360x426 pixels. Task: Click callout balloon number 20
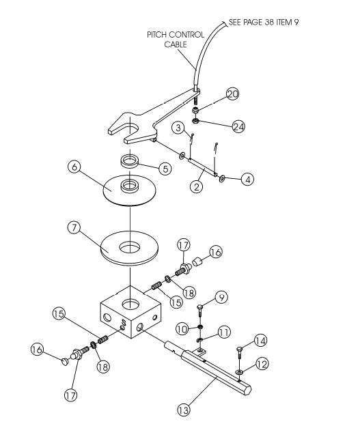pyautogui.click(x=232, y=95)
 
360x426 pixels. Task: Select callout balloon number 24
pyautogui.click(x=238, y=127)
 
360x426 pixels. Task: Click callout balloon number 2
pyautogui.click(x=196, y=185)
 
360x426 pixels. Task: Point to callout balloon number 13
pyautogui.click(x=182, y=410)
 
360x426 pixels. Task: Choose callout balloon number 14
pyautogui.click(x=260, y=340)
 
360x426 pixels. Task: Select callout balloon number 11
pyautogui.click(x=223, y=332)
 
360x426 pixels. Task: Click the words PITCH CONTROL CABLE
pyautogui.click(x=171, y=39)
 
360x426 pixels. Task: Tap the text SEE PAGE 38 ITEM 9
pyautogui.click(x=263, y=22)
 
